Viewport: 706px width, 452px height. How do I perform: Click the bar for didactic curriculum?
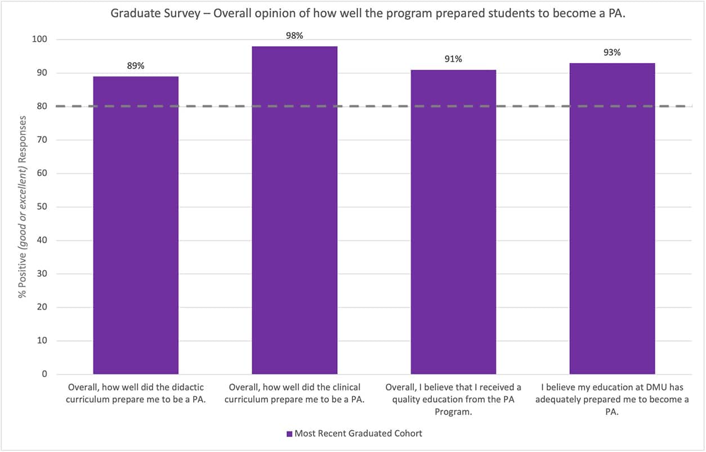coord(136,225)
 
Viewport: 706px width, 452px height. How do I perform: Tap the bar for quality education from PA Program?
coord(453,222)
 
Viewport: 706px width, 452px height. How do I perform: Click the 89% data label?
coord(136,66)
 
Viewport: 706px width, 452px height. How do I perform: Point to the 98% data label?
coord(294,35)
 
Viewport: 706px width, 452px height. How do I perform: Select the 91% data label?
coord(453,59)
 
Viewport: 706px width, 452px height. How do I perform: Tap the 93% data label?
coord(612,52)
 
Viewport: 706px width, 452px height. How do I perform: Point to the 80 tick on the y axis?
coord(43,106)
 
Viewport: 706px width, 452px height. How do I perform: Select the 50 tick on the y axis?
coord(43,207)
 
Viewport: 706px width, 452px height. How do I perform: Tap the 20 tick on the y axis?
coord(43,307)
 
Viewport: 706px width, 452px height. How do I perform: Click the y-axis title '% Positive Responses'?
coord(23,207)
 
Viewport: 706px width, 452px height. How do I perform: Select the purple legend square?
coord(289,434)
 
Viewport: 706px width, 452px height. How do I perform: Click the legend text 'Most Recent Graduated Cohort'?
coord(358,433)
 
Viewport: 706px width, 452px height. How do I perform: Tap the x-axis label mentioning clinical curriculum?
coord(294,393)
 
